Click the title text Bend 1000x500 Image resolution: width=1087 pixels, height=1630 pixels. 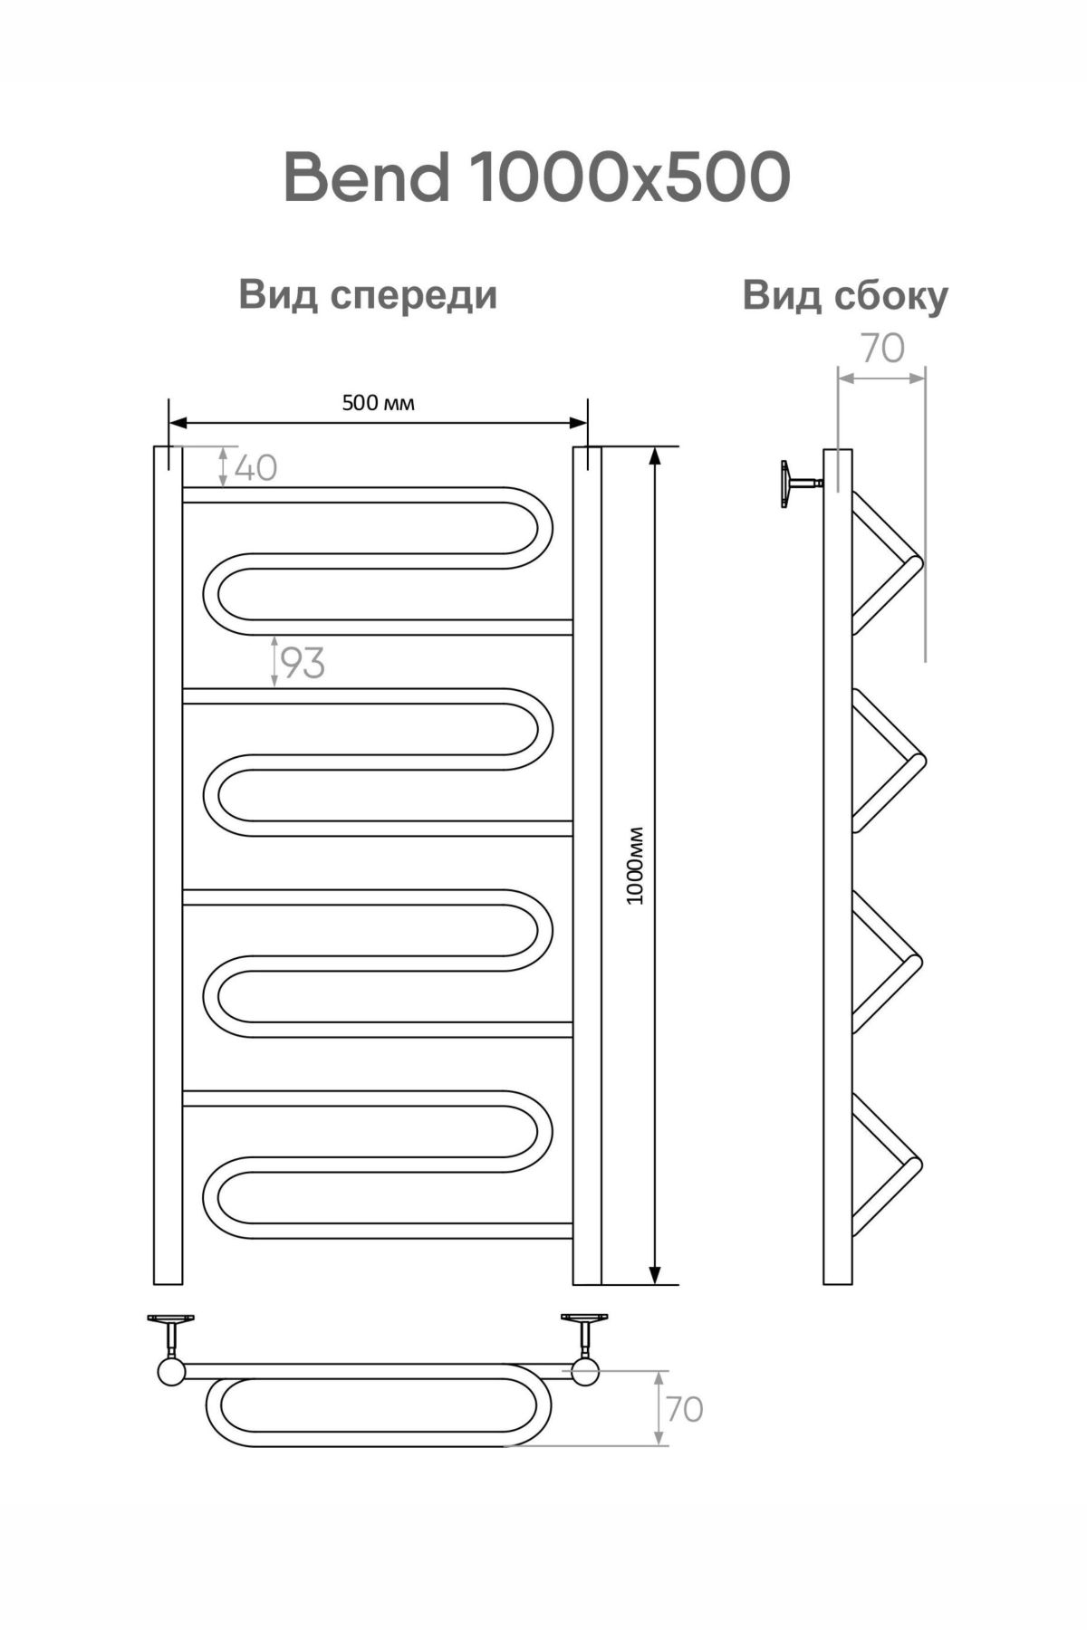pos(536,177)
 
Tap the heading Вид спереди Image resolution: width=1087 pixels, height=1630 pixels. pos(368,295)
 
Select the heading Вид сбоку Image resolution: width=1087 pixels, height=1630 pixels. pos(844,295)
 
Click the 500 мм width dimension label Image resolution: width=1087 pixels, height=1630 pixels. pos(378,403)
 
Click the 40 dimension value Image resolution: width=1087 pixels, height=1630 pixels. pos(255,467)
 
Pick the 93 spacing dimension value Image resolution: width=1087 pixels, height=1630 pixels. pos(302,664)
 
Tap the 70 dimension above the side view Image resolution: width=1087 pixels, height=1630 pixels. pos(882,349)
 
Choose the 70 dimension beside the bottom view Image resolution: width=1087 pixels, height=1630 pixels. pos(685,1409)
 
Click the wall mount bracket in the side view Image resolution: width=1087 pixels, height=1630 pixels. pos(797,484)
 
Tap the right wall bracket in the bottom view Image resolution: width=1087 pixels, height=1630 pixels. pos(584,1330)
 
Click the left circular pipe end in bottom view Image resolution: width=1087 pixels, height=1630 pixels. pos(170,1372)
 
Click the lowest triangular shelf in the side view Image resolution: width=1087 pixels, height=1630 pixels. pos(883,1165)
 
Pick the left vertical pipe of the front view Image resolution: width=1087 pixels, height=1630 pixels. pos(168,865)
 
